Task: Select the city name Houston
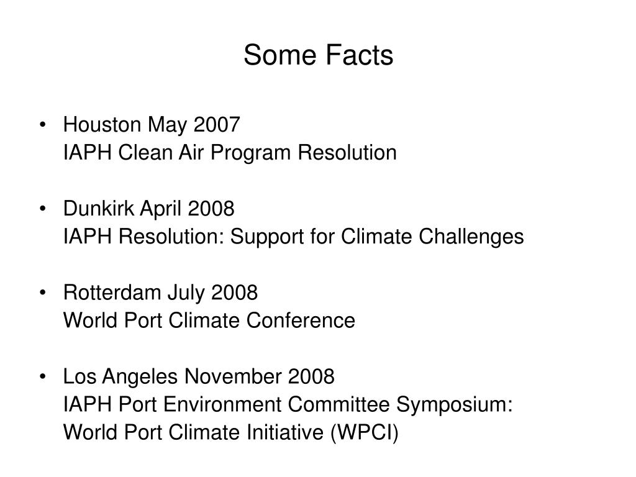pyautogui.click(x=102, y=125)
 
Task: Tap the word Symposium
pyautogui.click(x=455, y=404)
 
